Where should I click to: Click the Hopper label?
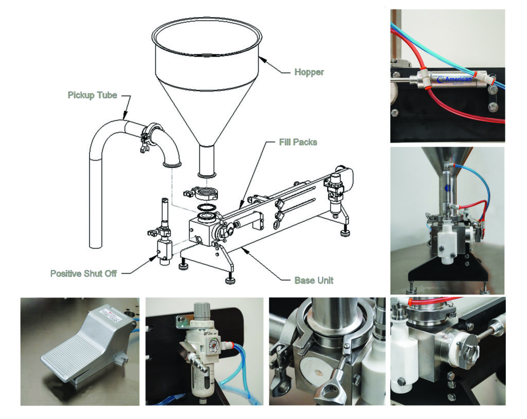[x=309, y=72]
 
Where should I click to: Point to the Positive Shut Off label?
[x=83, y=273]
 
